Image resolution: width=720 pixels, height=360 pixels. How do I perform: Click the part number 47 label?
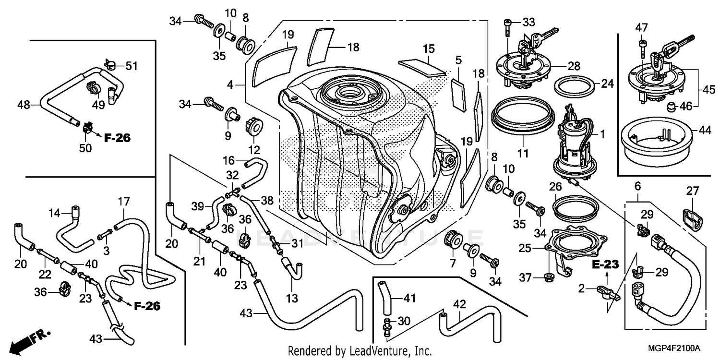(640, 27)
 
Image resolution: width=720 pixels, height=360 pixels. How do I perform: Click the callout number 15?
(429, 48)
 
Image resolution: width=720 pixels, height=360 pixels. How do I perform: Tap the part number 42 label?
(459, 304)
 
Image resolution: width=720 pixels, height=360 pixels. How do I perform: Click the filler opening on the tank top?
(346, 91)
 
